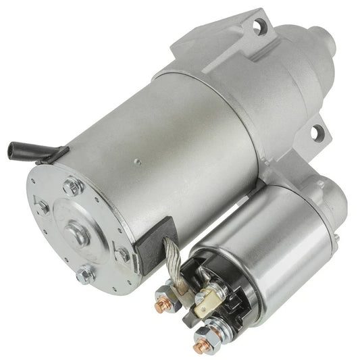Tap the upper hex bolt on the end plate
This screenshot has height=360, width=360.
(74, 186)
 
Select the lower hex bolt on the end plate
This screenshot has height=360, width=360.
(84, 274)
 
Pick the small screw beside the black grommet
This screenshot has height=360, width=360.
(122, 255)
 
